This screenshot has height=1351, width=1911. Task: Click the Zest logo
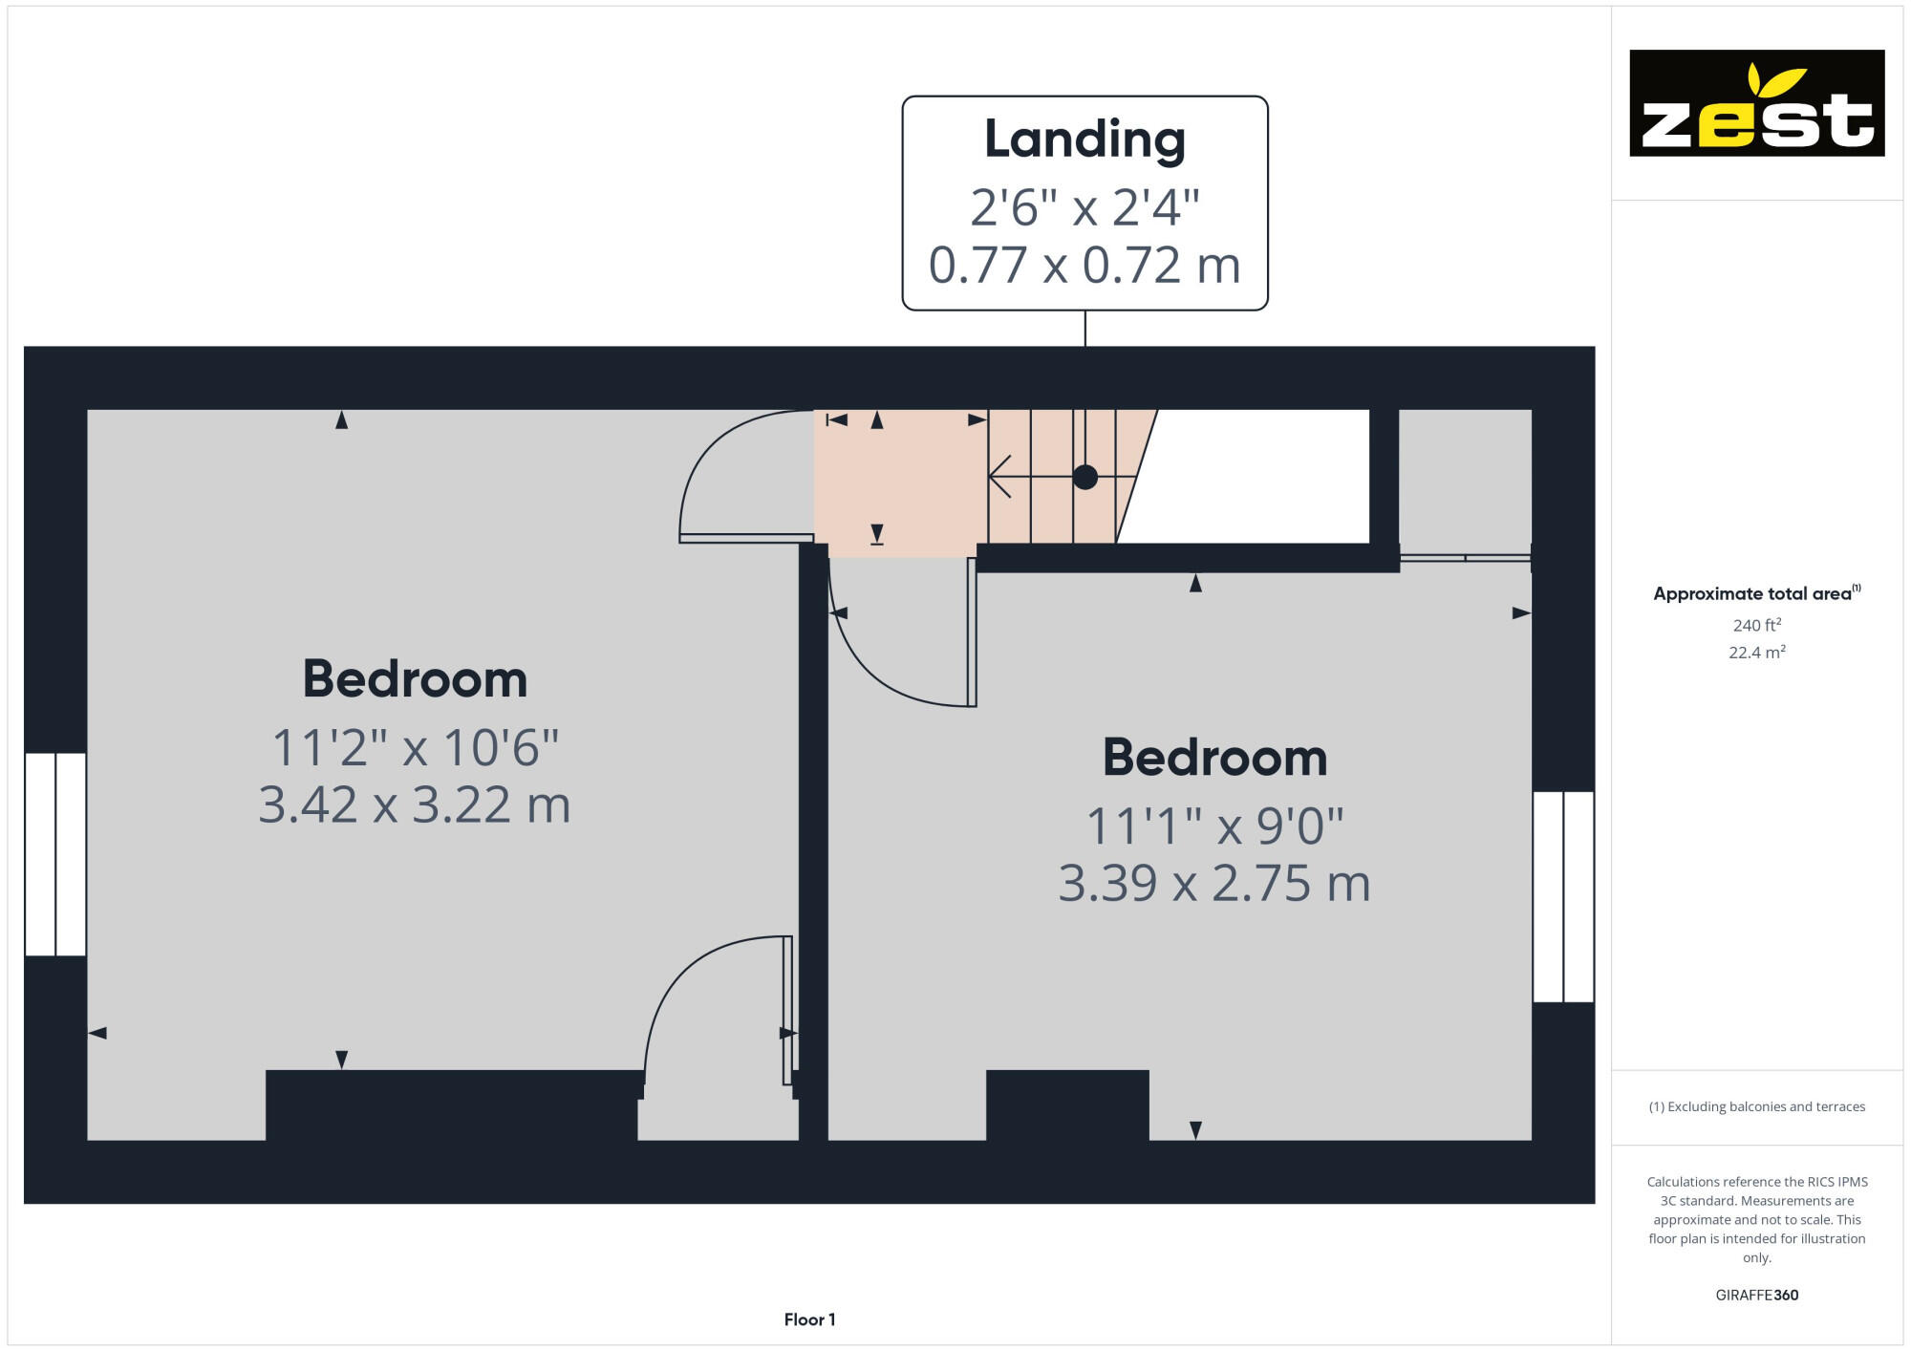pyautogui.click(x=1756, y=103)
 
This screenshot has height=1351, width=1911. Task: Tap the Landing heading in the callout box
pyautogui.click(x=1084, y=139)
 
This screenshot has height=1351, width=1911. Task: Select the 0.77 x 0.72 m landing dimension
pyautogui.click(x=1084, y=265)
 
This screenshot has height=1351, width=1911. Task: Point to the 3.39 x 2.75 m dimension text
pyautogui.click(x=1213, y=883)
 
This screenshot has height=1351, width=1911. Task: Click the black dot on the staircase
pyautogui.click(x=1084, y=477)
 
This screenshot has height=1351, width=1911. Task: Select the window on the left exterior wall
pyautogui.click(x=55, y=854)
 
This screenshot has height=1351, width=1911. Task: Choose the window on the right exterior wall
pyautogui.click(x=1563, y=896)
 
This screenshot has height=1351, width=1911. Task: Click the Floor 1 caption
pyautogui.click(x=809, y=1319)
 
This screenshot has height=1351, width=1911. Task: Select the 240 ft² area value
pyautogui.click(x=1756, y=625)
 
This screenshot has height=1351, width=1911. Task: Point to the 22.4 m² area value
pyautogui.click(x=1756, y=653)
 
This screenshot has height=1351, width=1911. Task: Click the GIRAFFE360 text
pyautogui.click(x=1756, y=1296)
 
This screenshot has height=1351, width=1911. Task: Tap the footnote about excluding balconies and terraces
pyautogui.click(x=1756, y=1106)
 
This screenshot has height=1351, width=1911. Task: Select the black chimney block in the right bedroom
pyautogui.click(x=1066, y=1104)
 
